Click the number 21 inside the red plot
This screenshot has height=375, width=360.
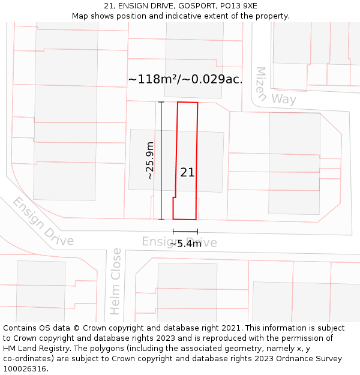coord(187,172)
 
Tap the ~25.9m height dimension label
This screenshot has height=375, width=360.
coord(150,160)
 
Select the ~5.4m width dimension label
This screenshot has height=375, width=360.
coord(184,244)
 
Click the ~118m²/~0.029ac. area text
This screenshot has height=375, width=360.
coord(185,79)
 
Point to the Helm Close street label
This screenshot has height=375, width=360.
coord(115,281)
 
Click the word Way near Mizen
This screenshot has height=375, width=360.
coord(283,98)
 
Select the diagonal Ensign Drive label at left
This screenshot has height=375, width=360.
coord(43,221)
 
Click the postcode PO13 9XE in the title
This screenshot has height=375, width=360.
coord(239,6)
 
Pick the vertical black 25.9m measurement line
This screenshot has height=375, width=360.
coord(161,160)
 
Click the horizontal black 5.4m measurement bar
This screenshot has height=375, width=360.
coord(185,231)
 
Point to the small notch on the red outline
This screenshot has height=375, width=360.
coord(175,197)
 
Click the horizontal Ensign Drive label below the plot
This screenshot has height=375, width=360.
coord(179,241)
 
